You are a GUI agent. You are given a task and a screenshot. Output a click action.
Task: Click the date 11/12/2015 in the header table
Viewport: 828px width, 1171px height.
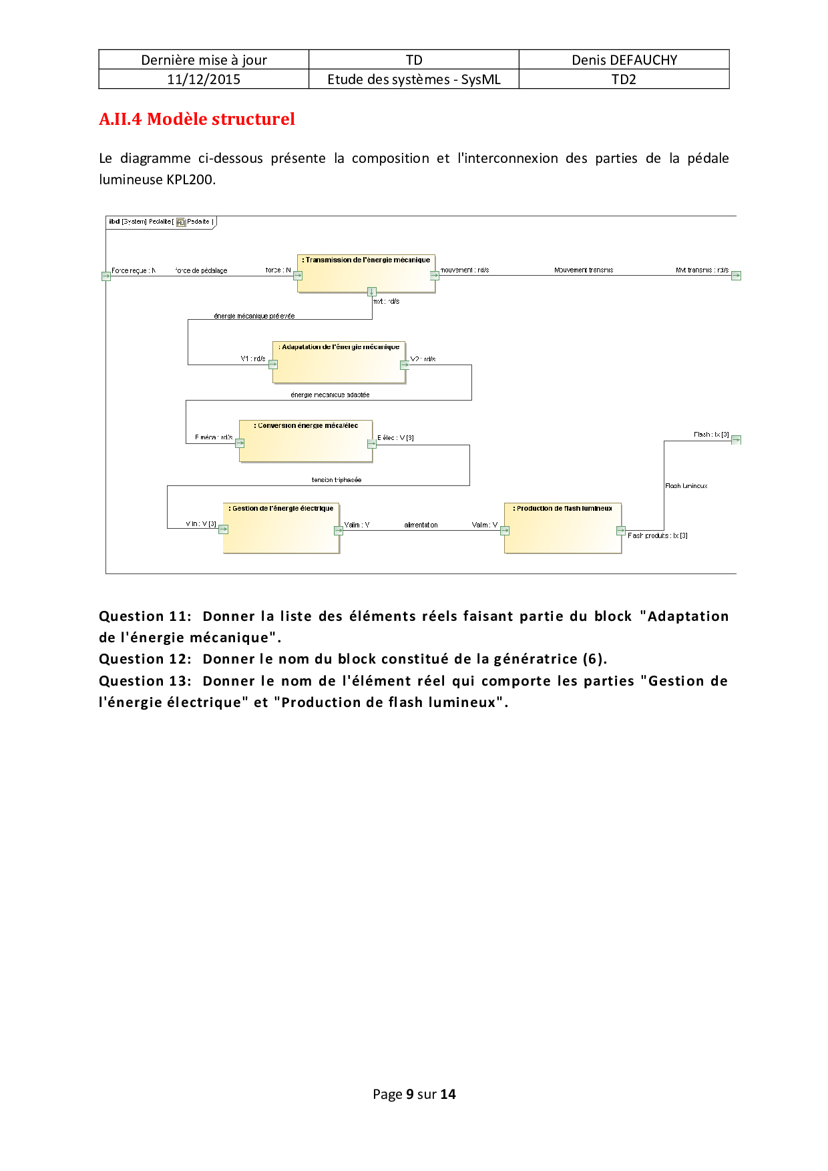tap(204, 79)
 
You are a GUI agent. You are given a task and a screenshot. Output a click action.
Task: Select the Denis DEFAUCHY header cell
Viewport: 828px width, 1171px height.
tap(624, 60)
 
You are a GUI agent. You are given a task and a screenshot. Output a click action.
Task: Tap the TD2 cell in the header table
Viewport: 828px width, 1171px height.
tap(624, 79)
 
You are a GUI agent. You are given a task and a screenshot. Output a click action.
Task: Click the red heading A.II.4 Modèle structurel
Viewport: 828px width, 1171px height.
tap(197, 119)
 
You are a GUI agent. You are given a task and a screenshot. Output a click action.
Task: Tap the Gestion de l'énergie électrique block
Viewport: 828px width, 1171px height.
tap(281, 528)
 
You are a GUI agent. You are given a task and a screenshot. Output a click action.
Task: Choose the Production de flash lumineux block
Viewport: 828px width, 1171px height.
tap(563, 528)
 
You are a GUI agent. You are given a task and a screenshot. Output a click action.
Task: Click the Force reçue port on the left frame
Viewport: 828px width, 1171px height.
tap(106, 276)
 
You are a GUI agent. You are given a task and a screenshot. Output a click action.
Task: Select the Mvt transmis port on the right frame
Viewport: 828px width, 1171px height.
tap(736, 275)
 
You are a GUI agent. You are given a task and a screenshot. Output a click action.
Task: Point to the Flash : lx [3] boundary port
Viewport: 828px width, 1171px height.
tap(736, 439)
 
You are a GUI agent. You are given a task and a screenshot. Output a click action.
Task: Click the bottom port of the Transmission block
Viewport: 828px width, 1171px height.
tap(372, 291)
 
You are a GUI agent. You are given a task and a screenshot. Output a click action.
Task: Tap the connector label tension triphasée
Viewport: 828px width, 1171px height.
tap(337, 480)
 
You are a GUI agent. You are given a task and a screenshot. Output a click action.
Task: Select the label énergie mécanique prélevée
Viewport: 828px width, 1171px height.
tap(254, 316)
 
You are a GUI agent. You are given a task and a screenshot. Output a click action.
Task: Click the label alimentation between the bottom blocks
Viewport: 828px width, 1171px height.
tap(421, 525)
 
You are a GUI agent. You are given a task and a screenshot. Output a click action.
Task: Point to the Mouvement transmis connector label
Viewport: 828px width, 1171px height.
tap(584, 270)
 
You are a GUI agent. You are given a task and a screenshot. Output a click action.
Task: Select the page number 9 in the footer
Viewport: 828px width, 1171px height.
tap(409, 1094)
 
